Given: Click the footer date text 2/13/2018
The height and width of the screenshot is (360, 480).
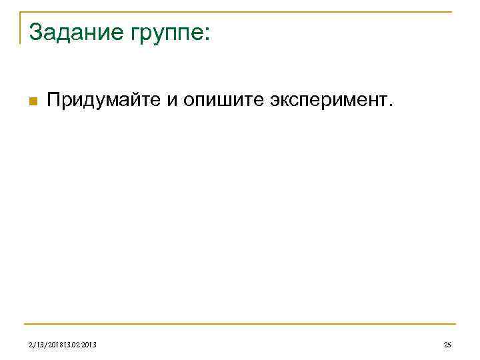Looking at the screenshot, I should click(47, 345).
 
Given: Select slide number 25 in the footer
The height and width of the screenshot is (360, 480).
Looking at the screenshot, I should click(447, 345).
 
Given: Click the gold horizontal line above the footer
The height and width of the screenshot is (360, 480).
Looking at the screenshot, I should click(240, 325).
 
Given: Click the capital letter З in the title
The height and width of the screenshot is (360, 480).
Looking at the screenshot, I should click(35, 31).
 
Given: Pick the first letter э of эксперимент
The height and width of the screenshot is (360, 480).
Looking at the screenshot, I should click(274, 102).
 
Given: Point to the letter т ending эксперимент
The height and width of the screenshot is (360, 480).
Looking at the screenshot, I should click(386, 102).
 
